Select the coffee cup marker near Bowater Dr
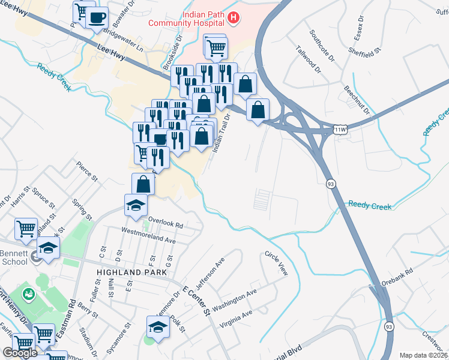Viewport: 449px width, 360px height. (97, 17)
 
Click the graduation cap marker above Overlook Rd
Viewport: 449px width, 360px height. (136, 205)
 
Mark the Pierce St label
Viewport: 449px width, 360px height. (86, 170)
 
